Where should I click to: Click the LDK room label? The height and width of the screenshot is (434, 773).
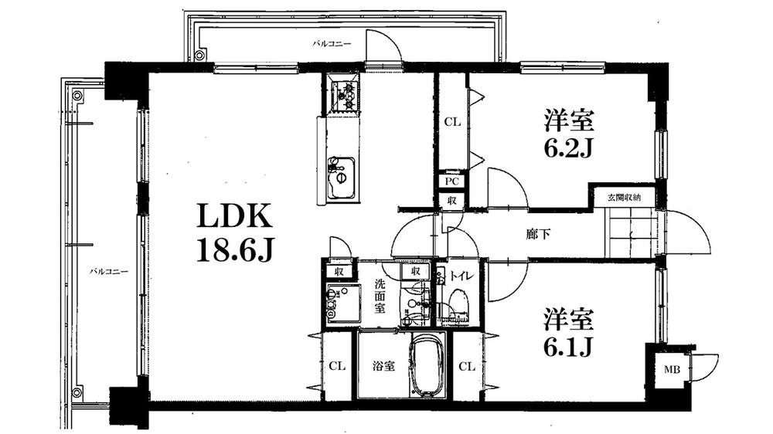pos(233,217)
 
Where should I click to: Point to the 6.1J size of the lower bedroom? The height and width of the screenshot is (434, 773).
pos(568,347)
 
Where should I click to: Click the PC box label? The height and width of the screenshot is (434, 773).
pos(452,181)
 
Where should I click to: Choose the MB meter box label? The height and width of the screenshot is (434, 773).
pos(669,369)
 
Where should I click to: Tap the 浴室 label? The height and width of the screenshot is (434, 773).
pos(385,365)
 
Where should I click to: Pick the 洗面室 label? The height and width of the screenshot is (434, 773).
pos(380,295)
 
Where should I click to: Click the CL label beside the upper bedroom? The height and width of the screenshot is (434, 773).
pos(452,121)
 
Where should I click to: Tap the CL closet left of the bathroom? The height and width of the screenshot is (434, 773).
pos(336,366)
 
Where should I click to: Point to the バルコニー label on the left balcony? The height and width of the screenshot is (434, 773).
pos(108,272)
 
